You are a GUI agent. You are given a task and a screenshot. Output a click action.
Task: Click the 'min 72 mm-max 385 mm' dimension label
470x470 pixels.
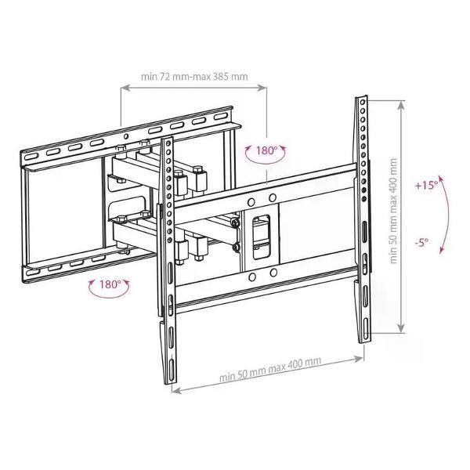tap(194, 77)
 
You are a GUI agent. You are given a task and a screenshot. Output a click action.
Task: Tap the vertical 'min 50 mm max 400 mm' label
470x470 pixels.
tap(393, 211)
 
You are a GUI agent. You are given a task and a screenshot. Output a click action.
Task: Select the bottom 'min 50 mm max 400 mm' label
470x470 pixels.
tap(270, 369)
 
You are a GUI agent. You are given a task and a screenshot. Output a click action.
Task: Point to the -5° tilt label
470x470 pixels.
tap(421, 241)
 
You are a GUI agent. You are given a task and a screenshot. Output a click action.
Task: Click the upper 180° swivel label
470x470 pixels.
tap(266, 150)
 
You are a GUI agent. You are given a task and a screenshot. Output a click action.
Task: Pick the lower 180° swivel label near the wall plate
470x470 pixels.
tap(110, 284)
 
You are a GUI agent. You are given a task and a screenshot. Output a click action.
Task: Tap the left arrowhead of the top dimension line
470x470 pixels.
tap(125, 88)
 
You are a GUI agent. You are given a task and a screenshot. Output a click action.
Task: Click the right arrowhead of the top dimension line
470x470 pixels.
tap(262, 88)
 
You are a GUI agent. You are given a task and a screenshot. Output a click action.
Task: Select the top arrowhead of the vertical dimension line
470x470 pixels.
tap(401, 105)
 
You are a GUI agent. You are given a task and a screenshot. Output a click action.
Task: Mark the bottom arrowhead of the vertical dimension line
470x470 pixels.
tap(401, 328)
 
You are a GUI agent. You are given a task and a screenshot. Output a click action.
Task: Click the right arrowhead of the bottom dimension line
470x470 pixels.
tap(360, 358)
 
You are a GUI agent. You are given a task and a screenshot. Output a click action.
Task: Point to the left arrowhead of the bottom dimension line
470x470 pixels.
tap(175, 391)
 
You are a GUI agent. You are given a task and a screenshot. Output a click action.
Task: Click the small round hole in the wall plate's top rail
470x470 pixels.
tap(126, 137)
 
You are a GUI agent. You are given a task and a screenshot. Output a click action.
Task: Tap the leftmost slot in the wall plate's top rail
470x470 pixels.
tap(31, 157)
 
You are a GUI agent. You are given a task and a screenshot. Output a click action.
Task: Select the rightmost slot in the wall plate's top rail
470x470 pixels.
tap(221, 116)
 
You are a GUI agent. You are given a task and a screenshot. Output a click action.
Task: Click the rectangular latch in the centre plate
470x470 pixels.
tap(261, 236)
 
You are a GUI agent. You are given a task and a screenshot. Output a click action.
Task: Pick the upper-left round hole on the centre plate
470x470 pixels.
tap(251, 202)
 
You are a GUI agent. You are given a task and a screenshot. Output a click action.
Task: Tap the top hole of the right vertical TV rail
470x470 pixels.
tap(362, 102)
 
